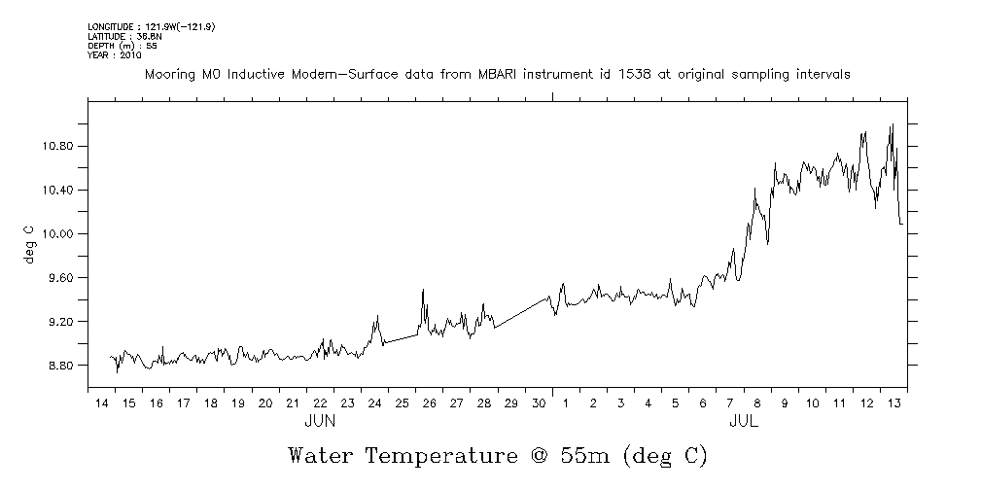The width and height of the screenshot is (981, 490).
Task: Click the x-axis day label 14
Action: click(x=101, y=403)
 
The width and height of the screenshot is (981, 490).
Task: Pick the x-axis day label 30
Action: click(x=538, y=403)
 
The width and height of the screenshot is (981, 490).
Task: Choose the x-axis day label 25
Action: click(x=401, y=403)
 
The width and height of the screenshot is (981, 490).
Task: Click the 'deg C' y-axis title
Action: click(x=28, y=244)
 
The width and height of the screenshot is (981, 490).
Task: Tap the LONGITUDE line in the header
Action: click(x=151, y=26)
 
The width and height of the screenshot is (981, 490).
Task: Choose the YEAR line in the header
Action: click(x=115, y=55)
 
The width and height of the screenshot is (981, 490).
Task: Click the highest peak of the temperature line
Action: click(x=892, y=124)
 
